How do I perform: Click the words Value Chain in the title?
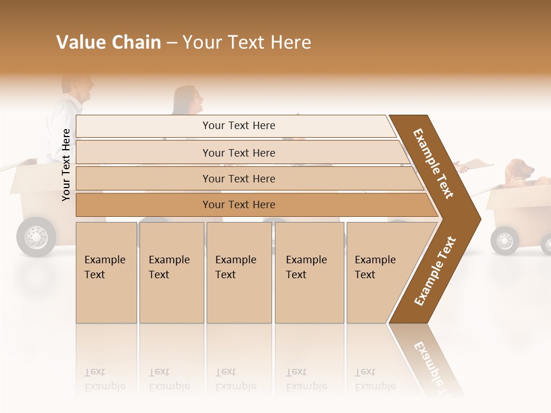108,42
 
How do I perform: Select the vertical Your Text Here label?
66,165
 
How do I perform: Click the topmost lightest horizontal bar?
238,126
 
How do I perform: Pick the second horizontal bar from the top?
238,153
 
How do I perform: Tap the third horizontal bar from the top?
238,178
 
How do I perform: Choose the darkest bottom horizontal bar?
238,205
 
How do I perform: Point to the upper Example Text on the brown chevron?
433,163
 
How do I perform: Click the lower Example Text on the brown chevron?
435,271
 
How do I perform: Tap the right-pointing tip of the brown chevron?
478,219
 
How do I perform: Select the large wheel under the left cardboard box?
36,236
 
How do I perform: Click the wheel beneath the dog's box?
505,240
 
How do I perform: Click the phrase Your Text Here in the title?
247,42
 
